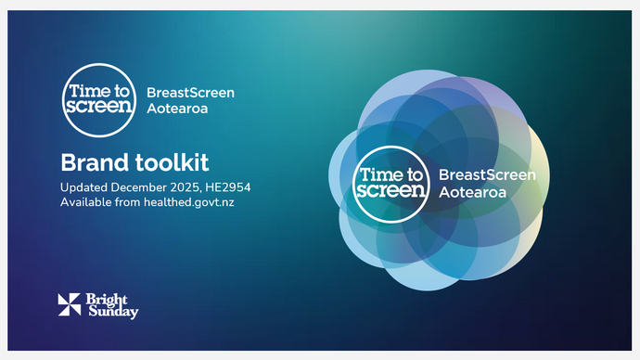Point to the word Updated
pos(86,187)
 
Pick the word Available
pos(88,202)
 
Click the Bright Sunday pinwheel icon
pos(70,304)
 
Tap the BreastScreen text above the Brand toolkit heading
pos(190,93)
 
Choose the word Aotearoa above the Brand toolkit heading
pos(177,109)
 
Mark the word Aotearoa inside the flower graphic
pos(469,191)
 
